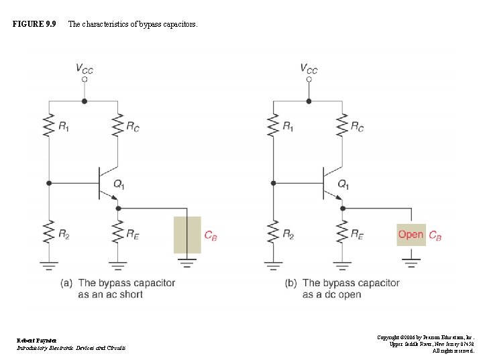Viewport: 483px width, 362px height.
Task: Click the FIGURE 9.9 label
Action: pos(34,25)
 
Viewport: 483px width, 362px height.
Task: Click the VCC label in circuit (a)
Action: pos(85,68)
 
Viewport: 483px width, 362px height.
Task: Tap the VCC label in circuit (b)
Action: pos(309,68)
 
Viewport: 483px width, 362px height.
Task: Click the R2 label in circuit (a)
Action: pos(64,234)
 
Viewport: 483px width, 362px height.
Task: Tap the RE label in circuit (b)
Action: pos(357,234)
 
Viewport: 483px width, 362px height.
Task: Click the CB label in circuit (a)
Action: pos(211,235)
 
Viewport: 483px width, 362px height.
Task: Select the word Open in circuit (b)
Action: pos(411,234)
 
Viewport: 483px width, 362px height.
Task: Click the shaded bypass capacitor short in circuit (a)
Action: pos(187,234)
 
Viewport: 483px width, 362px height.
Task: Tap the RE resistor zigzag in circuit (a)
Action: pos(118,233)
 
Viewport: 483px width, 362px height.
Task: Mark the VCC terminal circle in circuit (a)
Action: pos(85,79)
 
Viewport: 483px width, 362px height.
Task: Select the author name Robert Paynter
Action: pos(37,340)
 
